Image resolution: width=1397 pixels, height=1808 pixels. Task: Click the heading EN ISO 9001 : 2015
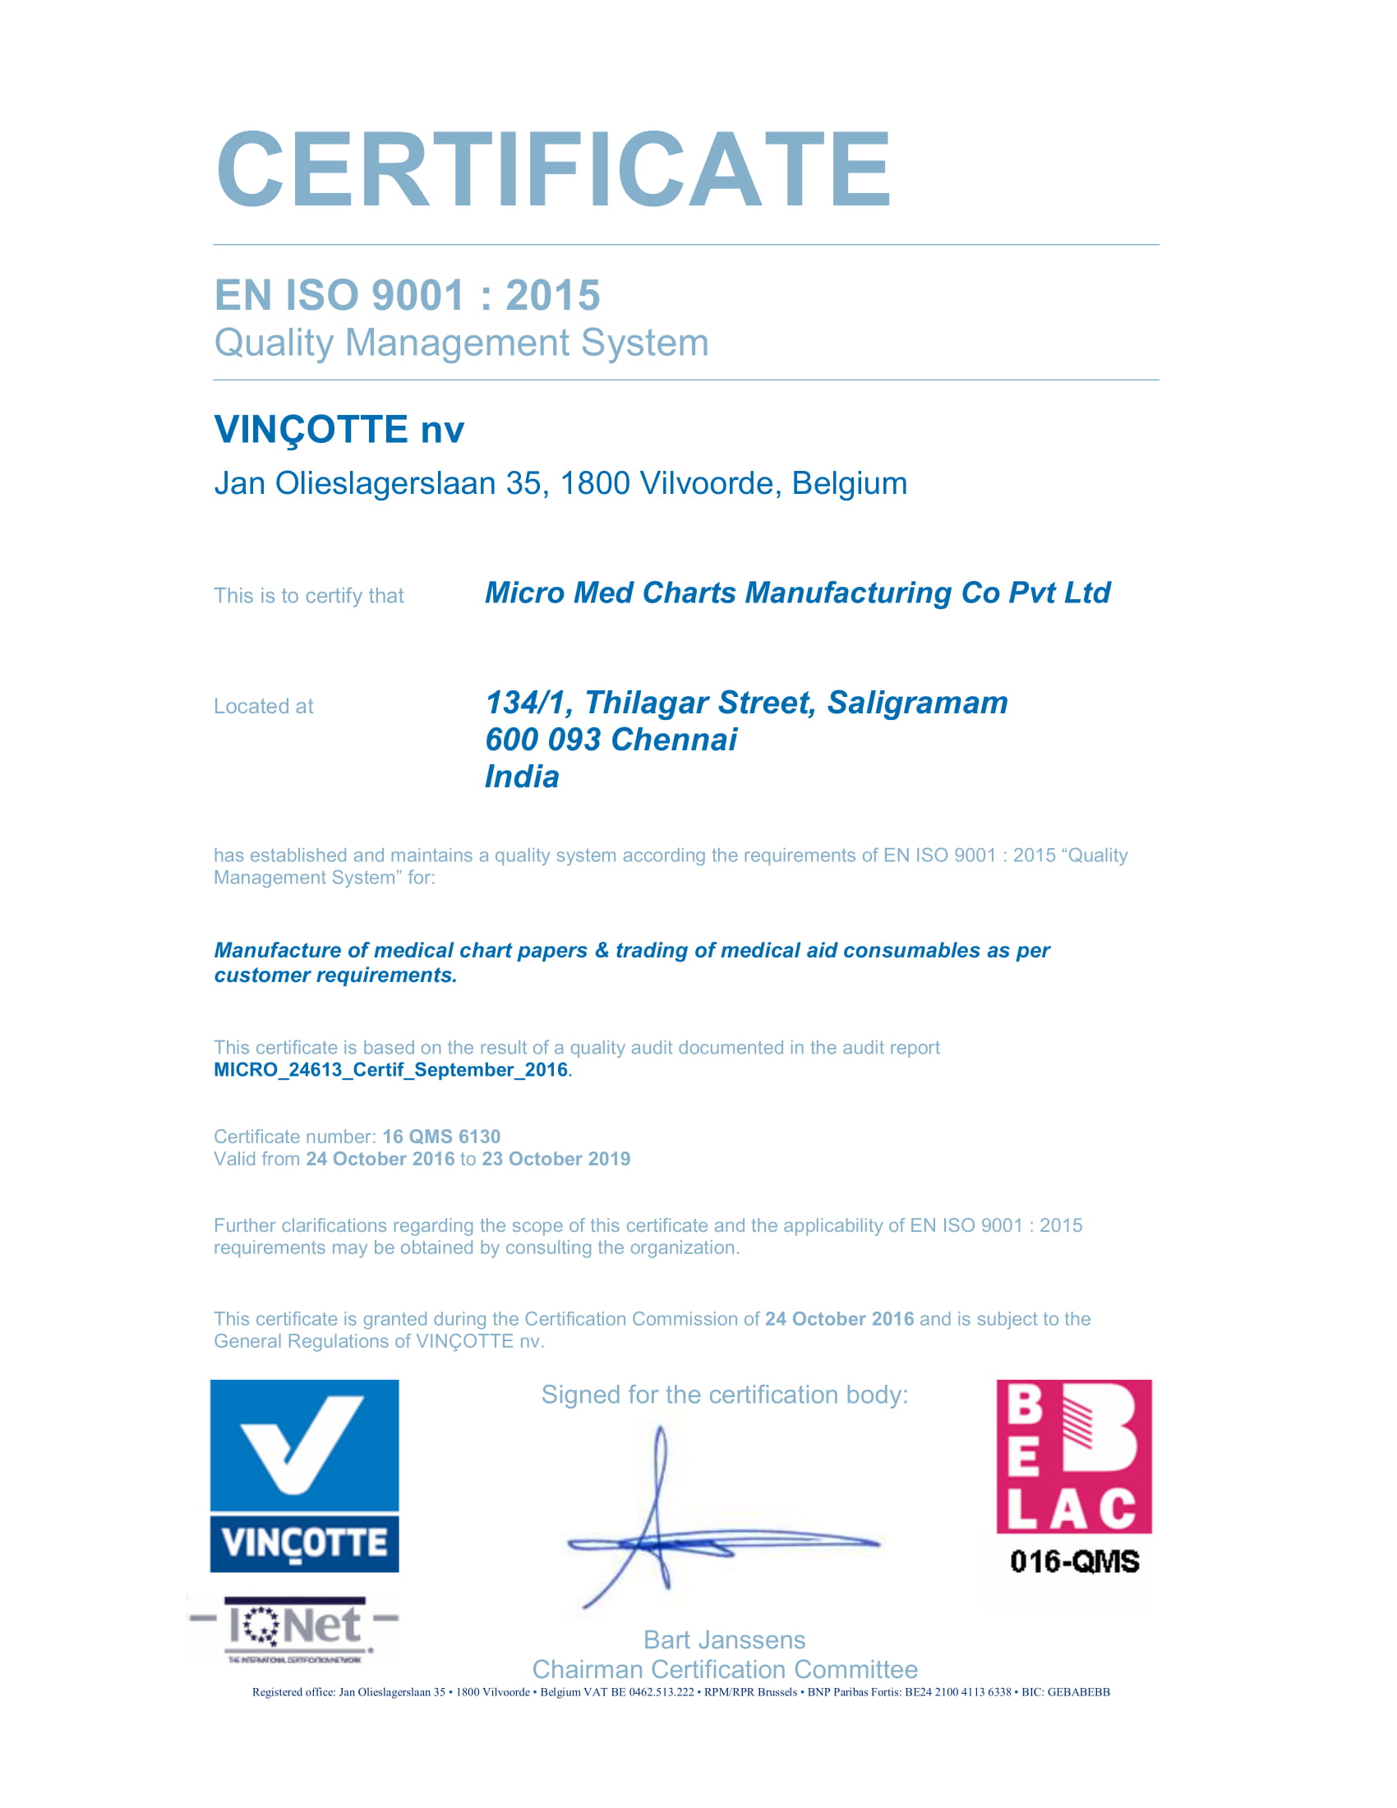pos(406,296)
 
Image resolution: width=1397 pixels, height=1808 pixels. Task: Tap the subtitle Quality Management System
pos(461,343)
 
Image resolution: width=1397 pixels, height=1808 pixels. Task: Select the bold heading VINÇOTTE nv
pos(339,430)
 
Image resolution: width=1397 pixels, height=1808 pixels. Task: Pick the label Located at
pos(263,706)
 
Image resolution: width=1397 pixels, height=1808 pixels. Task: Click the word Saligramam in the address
pos(917,703)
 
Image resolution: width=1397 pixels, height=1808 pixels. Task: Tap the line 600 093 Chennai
pos(610,740)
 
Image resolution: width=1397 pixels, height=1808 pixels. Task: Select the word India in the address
pos(521,777)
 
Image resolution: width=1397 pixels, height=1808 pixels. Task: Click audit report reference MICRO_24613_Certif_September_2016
pos(390,1069)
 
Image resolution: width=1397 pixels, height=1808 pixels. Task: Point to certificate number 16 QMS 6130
pos(441,1137)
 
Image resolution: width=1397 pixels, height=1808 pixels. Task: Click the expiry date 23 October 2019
pos(556,1159)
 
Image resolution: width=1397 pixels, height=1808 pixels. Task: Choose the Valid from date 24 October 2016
pos(380,1159)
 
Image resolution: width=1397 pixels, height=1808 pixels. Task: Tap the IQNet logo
pos(295,1626)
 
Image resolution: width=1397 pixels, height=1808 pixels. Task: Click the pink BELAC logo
pos(1073,1456)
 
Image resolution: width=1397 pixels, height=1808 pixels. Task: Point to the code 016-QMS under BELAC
pos(1074,1561)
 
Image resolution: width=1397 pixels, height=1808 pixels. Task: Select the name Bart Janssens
pos(724,1640)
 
